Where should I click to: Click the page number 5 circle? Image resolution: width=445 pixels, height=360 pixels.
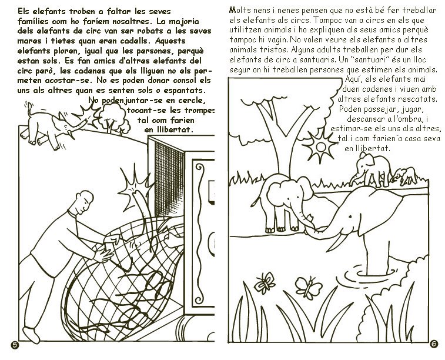pos(15,345)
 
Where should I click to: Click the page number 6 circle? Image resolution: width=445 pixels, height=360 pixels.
pos(434,344)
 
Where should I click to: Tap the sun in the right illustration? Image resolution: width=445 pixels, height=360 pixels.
pos(320,147)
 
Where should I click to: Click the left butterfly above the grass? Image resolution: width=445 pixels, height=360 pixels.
pos(265,282)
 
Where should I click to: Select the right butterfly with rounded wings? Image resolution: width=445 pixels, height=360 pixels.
pos(309,287)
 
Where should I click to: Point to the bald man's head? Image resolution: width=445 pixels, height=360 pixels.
pos(84,201)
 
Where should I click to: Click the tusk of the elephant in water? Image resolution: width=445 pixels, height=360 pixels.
pos(339,244)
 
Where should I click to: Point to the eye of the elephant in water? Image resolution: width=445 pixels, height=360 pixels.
pos(350,217)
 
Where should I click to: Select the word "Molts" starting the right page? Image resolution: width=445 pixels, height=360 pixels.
pos(240,11)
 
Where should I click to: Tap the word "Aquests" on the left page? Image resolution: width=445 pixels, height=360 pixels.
pos(170,41)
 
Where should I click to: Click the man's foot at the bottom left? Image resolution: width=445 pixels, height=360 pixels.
pos(31,335)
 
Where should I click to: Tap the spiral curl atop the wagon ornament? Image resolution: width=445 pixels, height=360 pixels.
pos(200,168)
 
